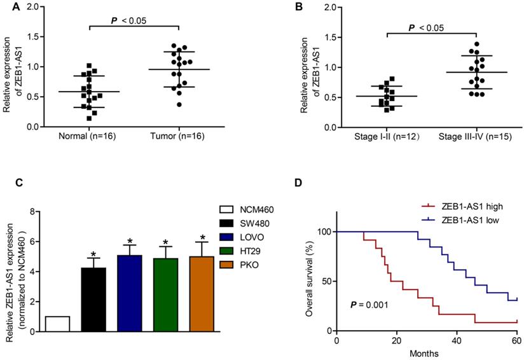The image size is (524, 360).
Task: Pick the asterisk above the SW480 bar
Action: pos(93,254)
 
